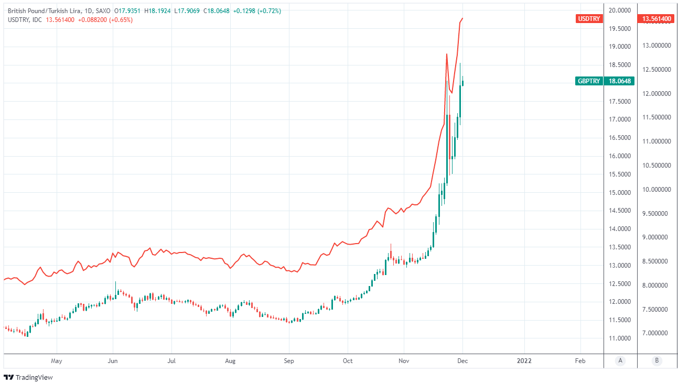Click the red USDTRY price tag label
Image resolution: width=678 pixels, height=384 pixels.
click(589, 19)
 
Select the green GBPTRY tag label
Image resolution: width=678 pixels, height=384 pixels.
click(589, 81)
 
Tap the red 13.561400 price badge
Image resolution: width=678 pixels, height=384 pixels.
click(654, 19)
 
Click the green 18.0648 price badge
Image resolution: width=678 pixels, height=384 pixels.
click(619, 81)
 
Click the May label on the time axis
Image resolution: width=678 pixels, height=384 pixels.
click(57, 361)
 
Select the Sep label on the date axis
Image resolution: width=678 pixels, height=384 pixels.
click(289, 361)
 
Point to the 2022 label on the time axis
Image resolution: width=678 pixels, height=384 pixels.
click(524, 361)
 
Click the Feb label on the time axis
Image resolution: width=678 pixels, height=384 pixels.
click(580, 361)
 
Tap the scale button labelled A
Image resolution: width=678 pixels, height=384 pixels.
click(620, 361)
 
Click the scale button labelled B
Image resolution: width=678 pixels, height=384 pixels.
click(656, 361)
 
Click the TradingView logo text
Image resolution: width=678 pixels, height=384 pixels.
click(34, 377)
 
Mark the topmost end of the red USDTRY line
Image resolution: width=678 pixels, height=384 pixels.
click(462, 18)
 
